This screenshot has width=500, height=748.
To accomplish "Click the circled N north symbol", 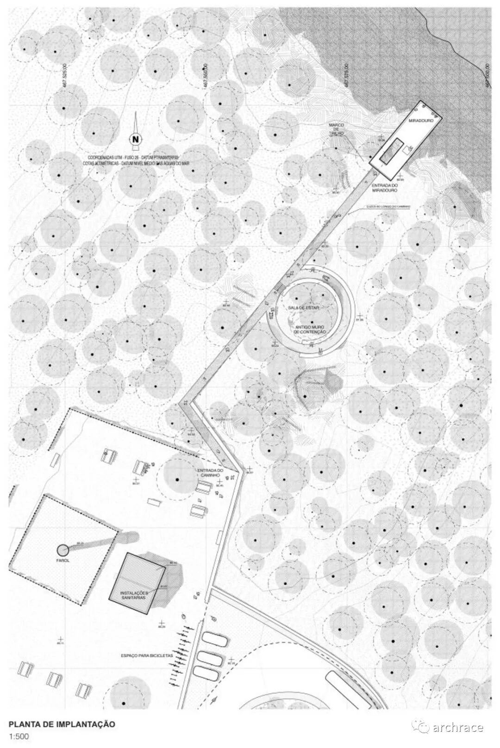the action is [135, 138].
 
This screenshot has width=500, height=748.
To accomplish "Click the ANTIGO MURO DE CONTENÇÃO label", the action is [311, 330].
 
